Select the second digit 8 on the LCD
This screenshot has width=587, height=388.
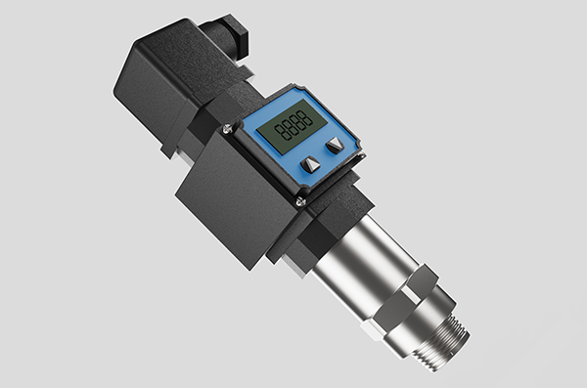coord(289,128)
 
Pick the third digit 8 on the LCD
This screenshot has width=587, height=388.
coord(297,123)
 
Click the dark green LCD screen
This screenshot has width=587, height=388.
coord(293,126)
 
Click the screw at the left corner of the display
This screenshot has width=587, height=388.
coord(227,129)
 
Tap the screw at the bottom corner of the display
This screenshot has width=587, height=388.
coord(301,202)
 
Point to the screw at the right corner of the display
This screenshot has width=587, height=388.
coord(361,154)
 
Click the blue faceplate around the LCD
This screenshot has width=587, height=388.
coord(339,164)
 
